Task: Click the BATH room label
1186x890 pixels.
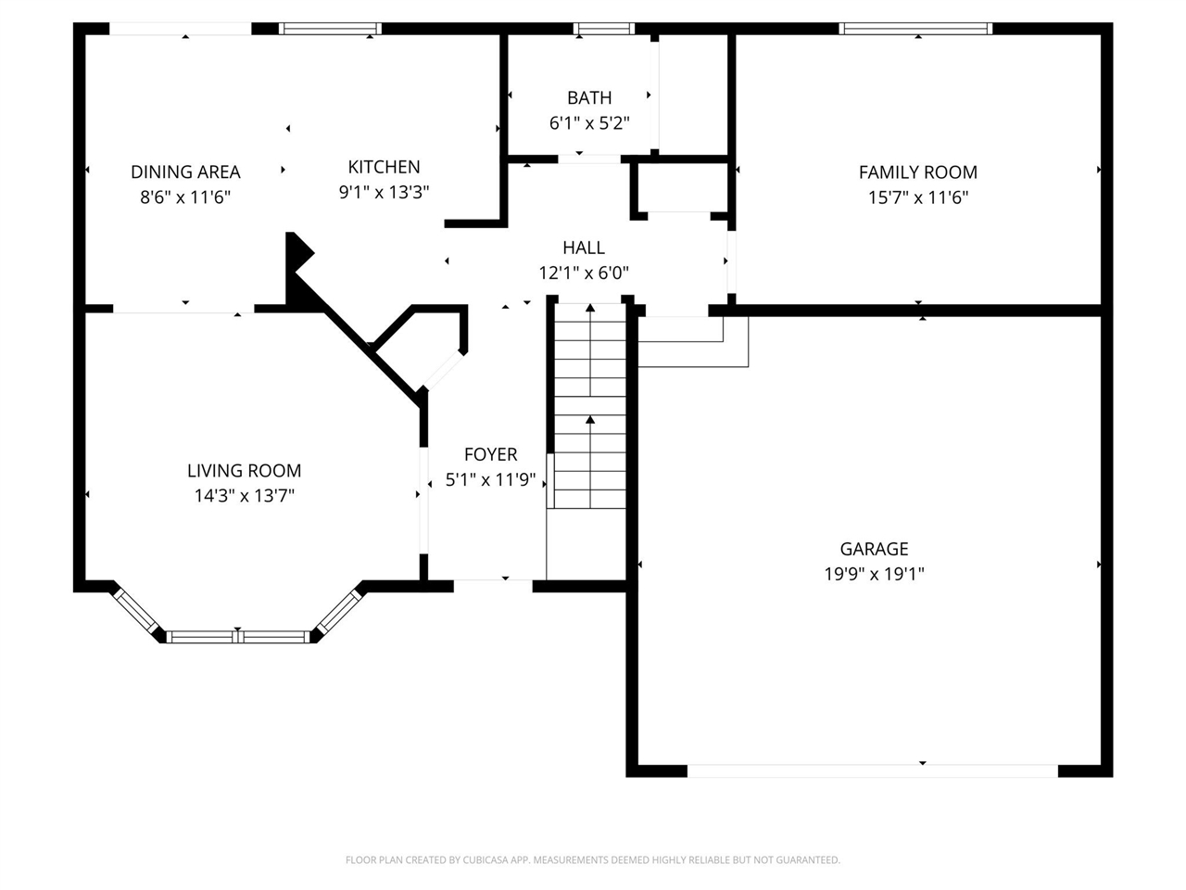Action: coord(589,98)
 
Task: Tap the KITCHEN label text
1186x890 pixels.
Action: coord(384,167)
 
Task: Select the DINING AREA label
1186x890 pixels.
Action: coord(185,172)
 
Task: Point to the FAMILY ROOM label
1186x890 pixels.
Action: coord(917,172)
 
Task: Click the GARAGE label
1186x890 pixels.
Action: coord(874,549)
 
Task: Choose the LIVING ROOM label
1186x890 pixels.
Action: coord(245,471)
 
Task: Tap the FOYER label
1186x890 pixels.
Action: coord(490,454)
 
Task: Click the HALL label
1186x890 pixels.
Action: coord(584,248)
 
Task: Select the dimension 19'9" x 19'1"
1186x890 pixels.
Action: coord(874,574)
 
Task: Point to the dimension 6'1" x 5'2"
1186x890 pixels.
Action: coord(589,123)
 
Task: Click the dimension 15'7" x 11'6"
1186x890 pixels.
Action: coord(917,197)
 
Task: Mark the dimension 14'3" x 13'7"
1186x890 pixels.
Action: coord(245,495)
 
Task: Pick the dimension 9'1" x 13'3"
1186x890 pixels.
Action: coord(384,192)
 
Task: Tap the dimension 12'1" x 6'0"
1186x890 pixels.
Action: coord(584,273)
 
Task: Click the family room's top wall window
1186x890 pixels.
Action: coord(915,29)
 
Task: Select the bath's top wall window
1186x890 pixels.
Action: coord(603,29)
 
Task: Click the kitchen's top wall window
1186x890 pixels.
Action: coord(330,29)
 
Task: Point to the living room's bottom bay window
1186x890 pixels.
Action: coord(238,637)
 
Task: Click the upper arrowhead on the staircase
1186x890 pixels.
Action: coord(590,308)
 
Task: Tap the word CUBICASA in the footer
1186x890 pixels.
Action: coord(486,859)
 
